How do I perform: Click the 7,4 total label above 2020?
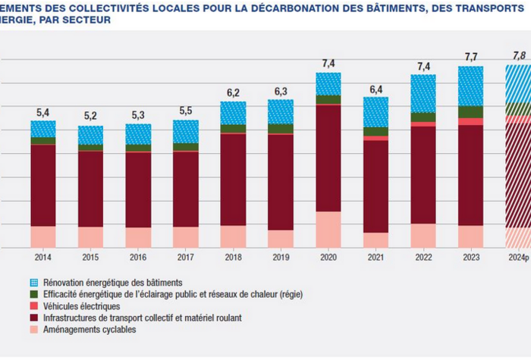(x=328, y=61)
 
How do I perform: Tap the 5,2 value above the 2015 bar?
(x=90, y=116)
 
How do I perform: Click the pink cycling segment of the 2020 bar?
(x=328, y=229)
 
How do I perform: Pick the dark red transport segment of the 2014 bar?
(x=43, y=185)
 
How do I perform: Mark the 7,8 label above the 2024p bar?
(x=519, y=55)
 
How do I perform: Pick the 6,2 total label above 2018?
(x=233, y=92)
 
